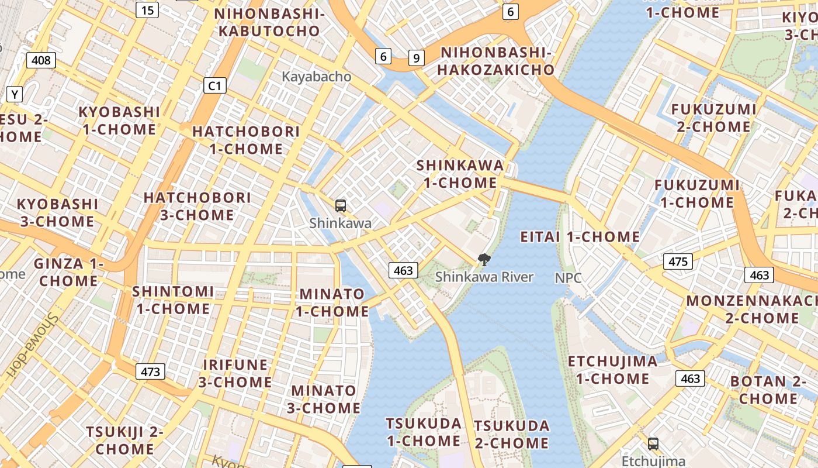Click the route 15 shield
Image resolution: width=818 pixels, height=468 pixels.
tap(148, 9)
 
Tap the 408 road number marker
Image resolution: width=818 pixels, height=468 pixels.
tap(41, 60)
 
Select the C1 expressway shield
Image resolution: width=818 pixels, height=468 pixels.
tap(215, 86)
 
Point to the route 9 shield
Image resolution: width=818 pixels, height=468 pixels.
tap(416, 57)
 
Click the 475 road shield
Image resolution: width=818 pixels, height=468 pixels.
tap(678, 261)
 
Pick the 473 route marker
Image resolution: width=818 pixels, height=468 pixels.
tap(150, 371)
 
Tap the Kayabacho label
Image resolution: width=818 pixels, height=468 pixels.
tap(317, 77)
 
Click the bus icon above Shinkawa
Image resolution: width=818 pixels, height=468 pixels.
tap(341, 205)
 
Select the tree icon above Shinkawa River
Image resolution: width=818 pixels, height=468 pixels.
tap(484, 260)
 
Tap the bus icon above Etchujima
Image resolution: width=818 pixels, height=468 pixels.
tap(653, 443)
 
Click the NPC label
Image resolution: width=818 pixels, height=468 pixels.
tap(569, 278)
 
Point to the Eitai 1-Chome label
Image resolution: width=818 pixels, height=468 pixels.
tap(580, 237)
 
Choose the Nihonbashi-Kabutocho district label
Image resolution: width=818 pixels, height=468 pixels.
tap(269, 22)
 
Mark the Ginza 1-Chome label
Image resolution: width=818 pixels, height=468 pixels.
tap(68, 272)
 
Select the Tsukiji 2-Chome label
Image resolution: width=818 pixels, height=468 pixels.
tap(125, 441)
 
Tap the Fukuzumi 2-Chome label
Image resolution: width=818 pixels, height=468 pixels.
tap(713, 118)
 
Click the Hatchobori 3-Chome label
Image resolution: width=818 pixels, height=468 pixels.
tap(197, 206)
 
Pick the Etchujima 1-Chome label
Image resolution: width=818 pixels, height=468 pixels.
tap(612, 370)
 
